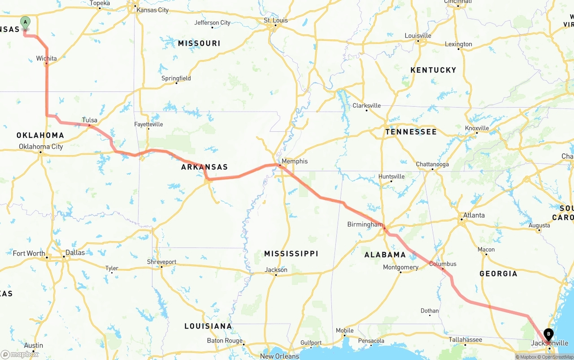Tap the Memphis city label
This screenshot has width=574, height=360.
tap(295, 161)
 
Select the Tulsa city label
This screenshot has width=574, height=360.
tap(90, 120)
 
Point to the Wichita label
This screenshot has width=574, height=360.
tap(47, 58)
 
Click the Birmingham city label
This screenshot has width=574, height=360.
tap(365, 224)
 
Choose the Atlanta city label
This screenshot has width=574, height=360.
tap(474, 215)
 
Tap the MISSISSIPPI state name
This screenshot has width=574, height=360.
tap(291, 254)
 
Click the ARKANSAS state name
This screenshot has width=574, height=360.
tap(204, 167)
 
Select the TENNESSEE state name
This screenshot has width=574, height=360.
tap(411, 132)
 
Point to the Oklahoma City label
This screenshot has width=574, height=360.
tap(41, 147)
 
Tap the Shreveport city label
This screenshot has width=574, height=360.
tap(161, 262)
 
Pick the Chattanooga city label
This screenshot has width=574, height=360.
tap(432, 165)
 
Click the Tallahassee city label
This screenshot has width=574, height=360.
tap(465, 340)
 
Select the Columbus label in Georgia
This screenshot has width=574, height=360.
tap(443, 264)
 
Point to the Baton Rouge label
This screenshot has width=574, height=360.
tap(225, 341)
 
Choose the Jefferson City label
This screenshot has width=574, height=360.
tap(212, 22)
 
